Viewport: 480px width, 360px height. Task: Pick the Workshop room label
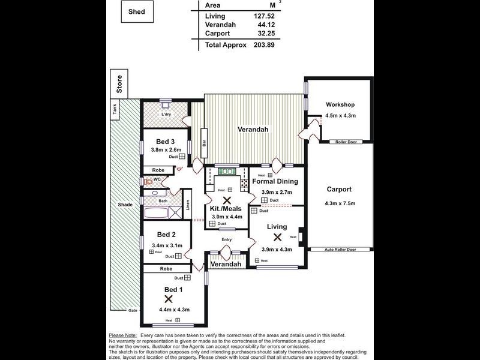point(340,104)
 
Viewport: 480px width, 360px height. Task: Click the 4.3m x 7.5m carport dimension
point(340,203)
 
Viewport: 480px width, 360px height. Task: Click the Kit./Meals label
point(226,209)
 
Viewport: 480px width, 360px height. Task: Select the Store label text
point(119,86)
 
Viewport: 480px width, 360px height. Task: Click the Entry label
point(226,239)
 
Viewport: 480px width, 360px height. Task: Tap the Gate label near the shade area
point(133,310)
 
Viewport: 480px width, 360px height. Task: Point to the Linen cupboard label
point(187,205)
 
